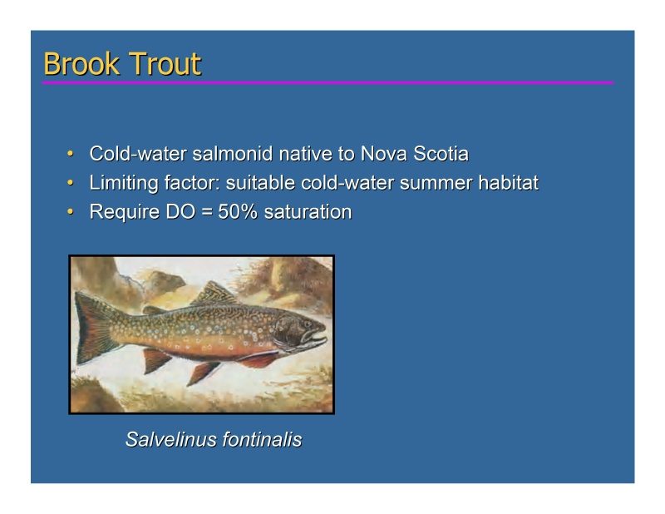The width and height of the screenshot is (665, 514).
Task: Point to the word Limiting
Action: coord(121,183)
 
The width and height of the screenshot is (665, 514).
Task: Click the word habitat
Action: coord(507,183)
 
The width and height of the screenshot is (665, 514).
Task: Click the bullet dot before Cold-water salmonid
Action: coord(71,155)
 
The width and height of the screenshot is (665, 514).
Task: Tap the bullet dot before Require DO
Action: coord(71,212)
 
